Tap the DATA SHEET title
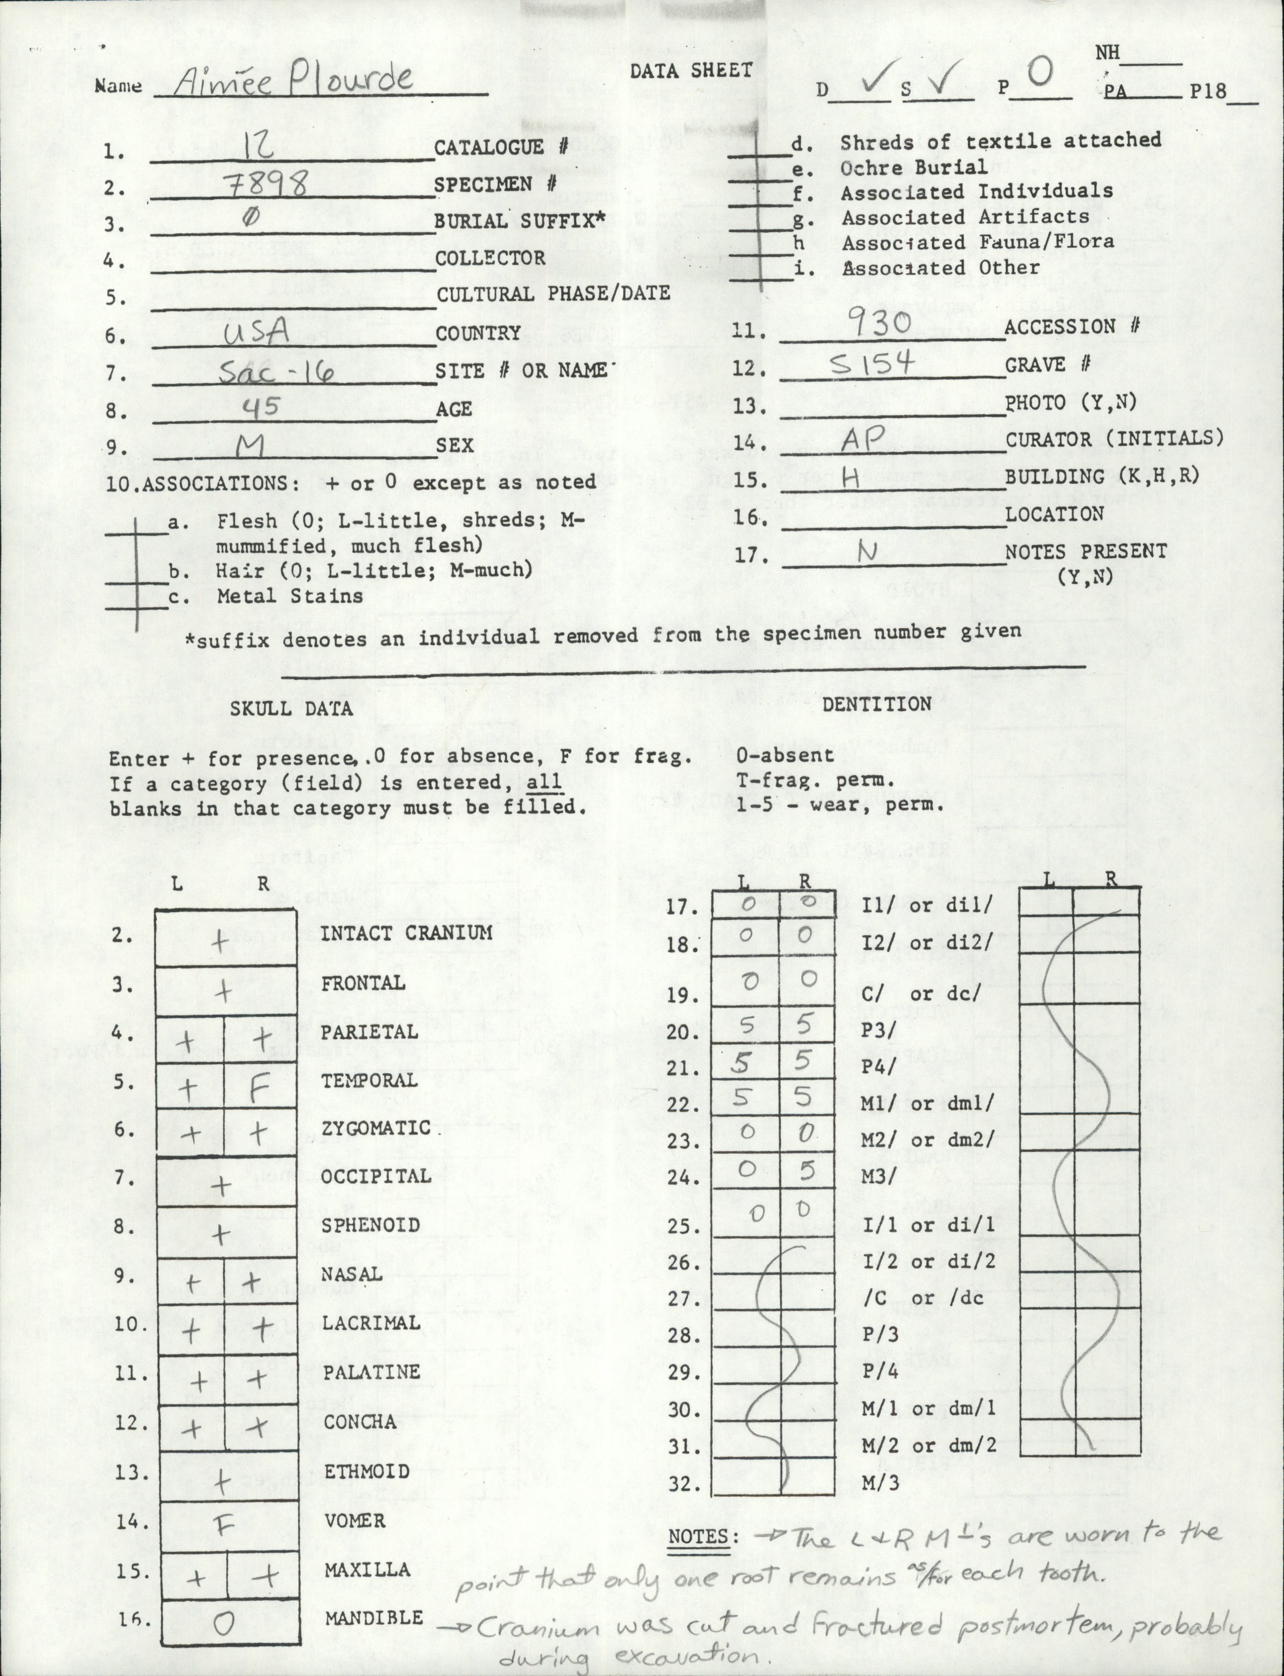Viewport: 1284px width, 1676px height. [691, 70]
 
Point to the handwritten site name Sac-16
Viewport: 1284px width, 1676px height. [275, 372]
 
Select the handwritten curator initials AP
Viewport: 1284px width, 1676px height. [863, 437]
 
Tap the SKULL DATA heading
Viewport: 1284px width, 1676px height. [291, 709]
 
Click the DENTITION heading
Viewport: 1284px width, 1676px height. [876, 704]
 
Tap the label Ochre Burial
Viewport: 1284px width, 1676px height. [913, 167]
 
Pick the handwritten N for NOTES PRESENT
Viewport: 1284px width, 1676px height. [868, 552]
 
